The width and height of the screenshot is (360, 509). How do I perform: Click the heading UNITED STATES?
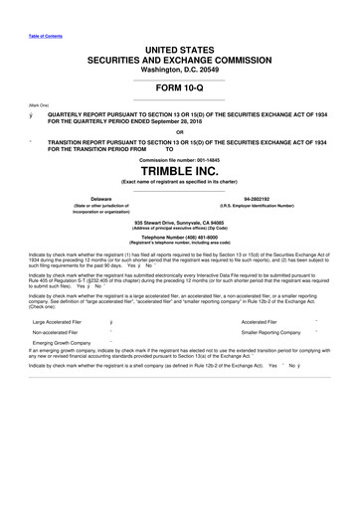(179, 48)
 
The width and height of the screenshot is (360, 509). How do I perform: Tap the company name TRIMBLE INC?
(179, 171)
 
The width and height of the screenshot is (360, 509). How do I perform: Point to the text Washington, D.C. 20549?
(179, 70)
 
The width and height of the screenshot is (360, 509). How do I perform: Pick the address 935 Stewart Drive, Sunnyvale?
(179, 223)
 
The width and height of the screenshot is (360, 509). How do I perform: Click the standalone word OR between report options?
(179, 131)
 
